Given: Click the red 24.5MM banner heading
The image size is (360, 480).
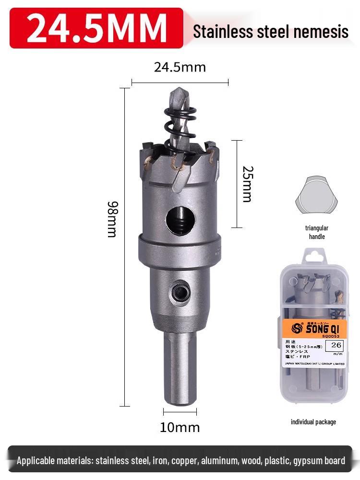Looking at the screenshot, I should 96,28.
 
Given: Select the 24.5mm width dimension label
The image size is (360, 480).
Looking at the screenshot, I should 180,67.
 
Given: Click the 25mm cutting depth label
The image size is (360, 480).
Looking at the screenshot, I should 246,184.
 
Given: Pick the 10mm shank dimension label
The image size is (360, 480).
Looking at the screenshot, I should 180,427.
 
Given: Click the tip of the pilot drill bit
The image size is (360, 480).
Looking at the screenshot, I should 178,91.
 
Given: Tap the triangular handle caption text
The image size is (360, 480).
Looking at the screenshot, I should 316,232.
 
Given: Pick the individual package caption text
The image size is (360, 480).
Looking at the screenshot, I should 313,422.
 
